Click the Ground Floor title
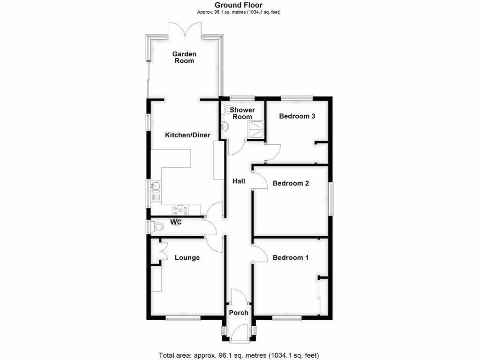[x=239, y=5]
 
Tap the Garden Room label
[x=184, y=57]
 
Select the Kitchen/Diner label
[x=187, y=135]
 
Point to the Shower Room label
[x=243, y=113]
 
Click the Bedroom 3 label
[x=297, y=116]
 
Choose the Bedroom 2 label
[x=291, y=183]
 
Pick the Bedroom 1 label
[x=291, y=257]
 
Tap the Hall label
[x=239, y=180]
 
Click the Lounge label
[x=187, y=257]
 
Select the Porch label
[x=239, y=313]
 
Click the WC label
[x=176, y=221]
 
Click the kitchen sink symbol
[x=156, y=187]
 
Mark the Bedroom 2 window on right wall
[x=330, y=199]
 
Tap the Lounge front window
[x=183, y=319]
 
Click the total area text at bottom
[x=240, y=355]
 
